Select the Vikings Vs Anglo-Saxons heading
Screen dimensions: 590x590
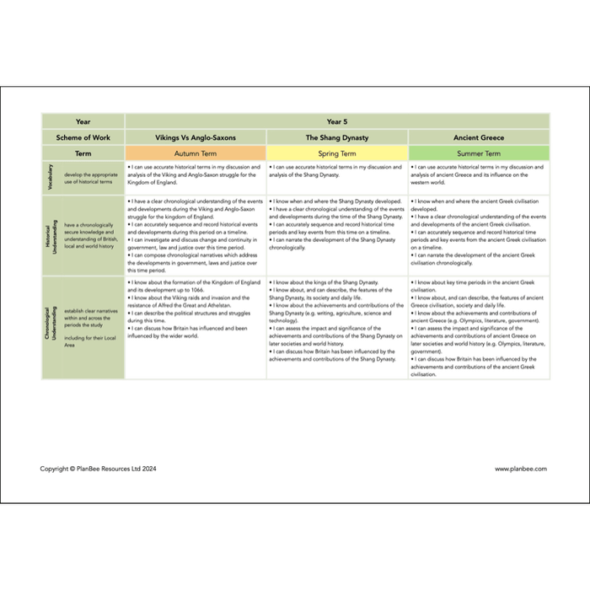click(x=196, y=137)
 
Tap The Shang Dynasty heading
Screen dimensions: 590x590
click(x=336, y=137)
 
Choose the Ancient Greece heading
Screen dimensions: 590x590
click(x=478, y=137)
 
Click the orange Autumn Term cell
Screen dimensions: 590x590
click(x=196, y=153)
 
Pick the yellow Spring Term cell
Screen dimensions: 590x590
click(x=336, y=153)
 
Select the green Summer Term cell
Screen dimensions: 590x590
click(x=478, y=153)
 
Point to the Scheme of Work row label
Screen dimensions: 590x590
click(x=83, y=137)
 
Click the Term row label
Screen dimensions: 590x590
click(x=83, y=153)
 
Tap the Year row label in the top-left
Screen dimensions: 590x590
click(x=83, y=121)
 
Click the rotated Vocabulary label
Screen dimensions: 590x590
click(x=50, y=178)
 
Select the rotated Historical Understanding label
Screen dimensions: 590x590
click(x=50, y=235)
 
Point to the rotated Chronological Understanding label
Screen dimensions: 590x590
click(x=50, y=326)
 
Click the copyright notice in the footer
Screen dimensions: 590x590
click(x=98, y=469)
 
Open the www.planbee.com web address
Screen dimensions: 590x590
click(x=521, y=469)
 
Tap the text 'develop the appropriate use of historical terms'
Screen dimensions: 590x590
click(x=88, y=178)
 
